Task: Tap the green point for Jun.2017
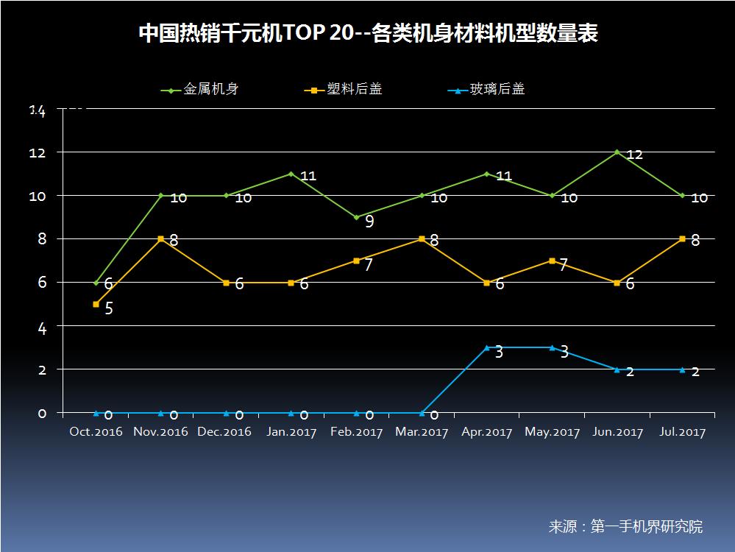tap(617, 152)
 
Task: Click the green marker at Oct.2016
tap(96, 283)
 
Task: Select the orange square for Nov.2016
tap(161, 238)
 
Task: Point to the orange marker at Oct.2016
tap(96, 304)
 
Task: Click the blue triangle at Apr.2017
tap(487, 347)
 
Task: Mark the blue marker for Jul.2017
tap(682, 369)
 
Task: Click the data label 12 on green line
tap(635, 155)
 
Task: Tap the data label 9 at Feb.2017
tap(369, 221)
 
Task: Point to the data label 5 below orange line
tap(109, 308)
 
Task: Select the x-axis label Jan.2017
tap(291, 432)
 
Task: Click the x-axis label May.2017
tap(552, 432)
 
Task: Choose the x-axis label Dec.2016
tap(224, 432)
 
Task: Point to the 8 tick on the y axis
tap(42, 239)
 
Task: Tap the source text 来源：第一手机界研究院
tap(625, 526)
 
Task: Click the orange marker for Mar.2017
tap(422, 238)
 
